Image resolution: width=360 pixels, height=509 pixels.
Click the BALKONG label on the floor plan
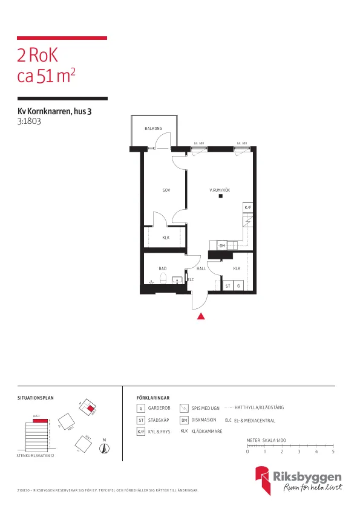coord(153,129)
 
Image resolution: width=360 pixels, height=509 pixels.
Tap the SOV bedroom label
coord(166,190)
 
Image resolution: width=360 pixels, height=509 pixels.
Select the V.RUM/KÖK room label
coord(220,190)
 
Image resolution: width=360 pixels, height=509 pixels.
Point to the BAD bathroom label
coord(162,268)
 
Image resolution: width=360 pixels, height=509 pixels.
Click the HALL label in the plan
coord(201,268)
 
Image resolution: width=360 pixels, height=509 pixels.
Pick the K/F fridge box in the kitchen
coord(247,208)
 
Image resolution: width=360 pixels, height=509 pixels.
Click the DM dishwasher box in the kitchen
coord(222,245)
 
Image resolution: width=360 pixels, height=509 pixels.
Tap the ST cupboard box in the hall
coord(228,285)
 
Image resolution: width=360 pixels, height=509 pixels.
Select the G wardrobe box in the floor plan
coord(238,285)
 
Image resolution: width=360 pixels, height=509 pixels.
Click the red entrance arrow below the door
coord(201,315)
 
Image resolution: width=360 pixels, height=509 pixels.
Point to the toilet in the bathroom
coord(163,278)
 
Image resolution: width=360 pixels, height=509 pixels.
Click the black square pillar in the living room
coord(221,196)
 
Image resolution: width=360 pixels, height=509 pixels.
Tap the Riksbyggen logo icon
coord(263,481)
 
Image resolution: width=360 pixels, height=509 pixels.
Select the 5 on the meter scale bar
coord(333,452)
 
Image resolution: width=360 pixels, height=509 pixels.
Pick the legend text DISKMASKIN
coord(204,420)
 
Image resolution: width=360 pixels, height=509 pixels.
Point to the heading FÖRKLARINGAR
coord(153,398)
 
